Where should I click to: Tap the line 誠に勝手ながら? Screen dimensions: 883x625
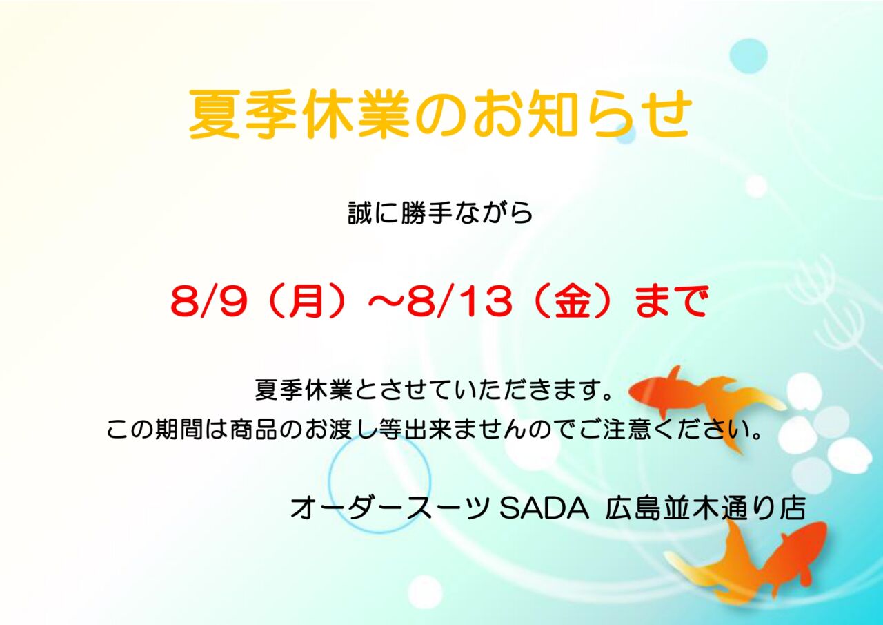(x=440, y=213)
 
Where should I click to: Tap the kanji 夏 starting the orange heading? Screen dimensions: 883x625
(x=214, y=115)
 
